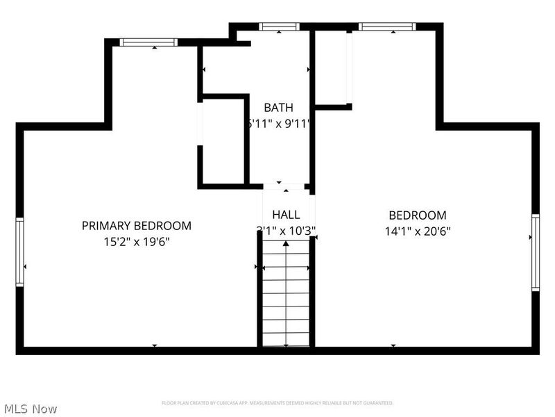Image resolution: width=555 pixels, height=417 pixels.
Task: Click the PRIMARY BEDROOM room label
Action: pyautogui.click(x=137, y=226)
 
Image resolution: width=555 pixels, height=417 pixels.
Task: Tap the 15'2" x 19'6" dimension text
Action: pyautogui.click(x=137, y=242)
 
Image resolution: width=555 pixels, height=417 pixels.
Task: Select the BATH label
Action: pyautogui.click(x=278, y=108)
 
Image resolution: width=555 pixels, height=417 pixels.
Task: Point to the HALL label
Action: pyautogui.click(x=286, y=214)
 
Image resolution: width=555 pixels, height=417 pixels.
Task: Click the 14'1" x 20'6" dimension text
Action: pyautogui.click(x=418, y=231)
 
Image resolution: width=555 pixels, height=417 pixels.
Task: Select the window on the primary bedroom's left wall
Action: pyautogui.click(x=20, y=252)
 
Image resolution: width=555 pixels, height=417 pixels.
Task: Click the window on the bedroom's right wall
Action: pyautogui.click(x=535, y=252)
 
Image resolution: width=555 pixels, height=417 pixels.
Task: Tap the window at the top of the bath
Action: pyautogui.click(x=279, y=27)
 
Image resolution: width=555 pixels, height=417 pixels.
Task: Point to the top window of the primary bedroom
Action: pyautogui.click(x=148, y=42)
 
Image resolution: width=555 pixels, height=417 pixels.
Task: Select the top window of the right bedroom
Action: pyautogui.click(x=386, y=27)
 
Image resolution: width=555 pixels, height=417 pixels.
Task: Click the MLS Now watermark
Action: pyautogui.click(x=31, y=409)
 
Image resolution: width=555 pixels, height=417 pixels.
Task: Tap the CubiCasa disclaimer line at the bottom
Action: pyautogui.click(x=277, y=403)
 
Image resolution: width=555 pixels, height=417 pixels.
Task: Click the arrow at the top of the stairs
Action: pyautogui.click(x=286, y=244)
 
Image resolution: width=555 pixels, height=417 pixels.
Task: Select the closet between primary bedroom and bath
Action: pyautogui.click(x=223, y=142)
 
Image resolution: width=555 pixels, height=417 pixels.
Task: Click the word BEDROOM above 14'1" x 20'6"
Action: pyautogui.click(x=418, y=215)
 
